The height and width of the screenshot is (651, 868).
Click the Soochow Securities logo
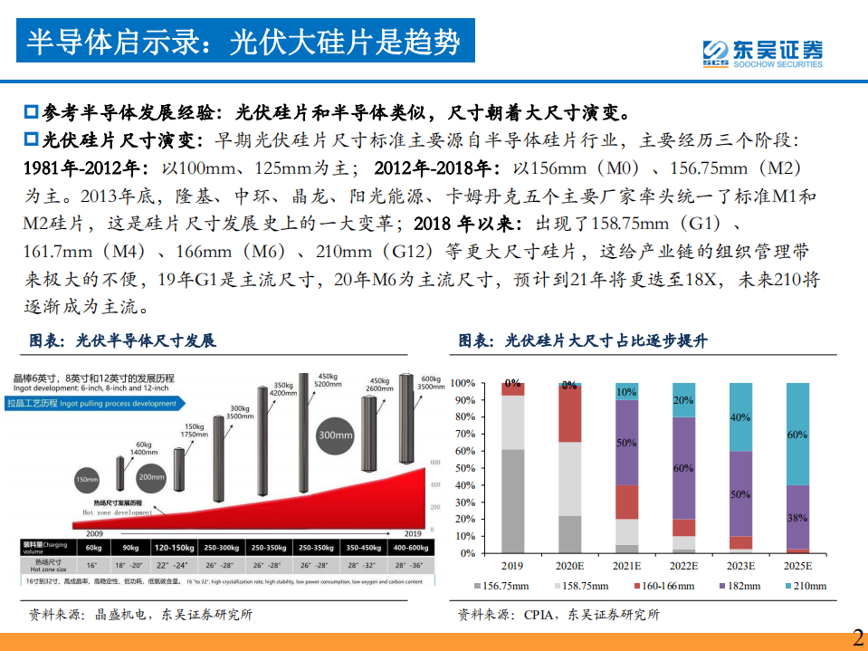tap(763, 53)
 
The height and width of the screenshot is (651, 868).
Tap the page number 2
tap(857, 637)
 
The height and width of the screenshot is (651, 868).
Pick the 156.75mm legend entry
tap(506, 586)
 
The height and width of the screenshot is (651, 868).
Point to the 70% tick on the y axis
tap(463, 434)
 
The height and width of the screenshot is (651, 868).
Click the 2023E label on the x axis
tap(740, 566)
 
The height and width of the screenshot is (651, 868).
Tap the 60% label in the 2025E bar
tap(797, 436)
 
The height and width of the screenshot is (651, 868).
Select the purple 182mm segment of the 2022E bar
tap(683, 467)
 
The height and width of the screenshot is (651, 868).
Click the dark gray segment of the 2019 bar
tap(512, 501)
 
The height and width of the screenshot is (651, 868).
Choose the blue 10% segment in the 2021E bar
tap(626, 391)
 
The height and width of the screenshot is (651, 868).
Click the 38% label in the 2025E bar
tap(797, 519)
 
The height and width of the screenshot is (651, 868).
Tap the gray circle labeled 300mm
tap(336, 435)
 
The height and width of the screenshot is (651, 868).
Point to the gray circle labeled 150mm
tap(87, 479)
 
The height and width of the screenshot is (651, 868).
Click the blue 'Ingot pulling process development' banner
tap(93, 403)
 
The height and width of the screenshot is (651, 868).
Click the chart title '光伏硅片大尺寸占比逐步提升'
tap(583, 340)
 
